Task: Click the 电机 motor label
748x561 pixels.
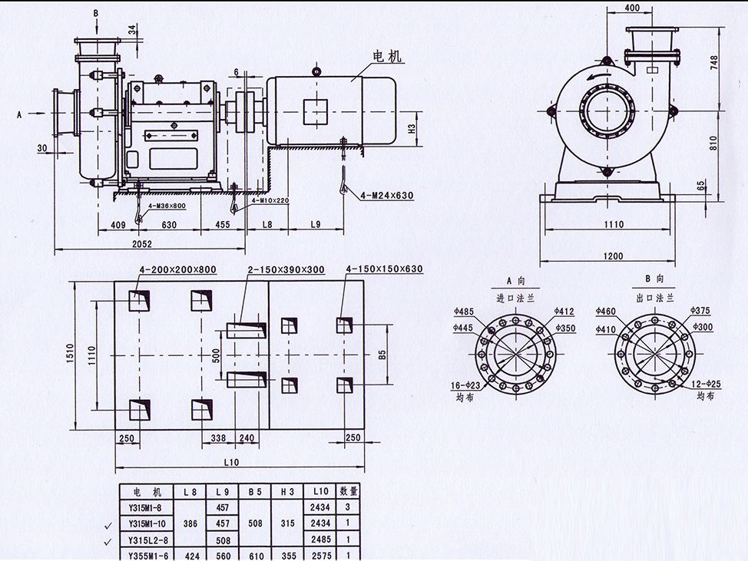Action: click(387, 57)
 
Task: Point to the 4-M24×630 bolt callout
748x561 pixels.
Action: click(386, 196)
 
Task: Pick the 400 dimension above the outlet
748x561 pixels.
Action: click(632, 8)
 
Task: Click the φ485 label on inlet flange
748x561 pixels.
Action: click(465, 312)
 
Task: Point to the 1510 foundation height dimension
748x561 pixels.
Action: click(67, 354)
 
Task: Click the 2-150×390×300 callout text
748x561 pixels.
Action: click(286, 269)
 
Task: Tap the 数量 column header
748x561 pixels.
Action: click(349, 491)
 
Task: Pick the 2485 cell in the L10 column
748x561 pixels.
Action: click(320, 539)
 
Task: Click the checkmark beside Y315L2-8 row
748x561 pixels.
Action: click(107, 540)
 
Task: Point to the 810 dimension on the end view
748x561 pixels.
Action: click(713, 141)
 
